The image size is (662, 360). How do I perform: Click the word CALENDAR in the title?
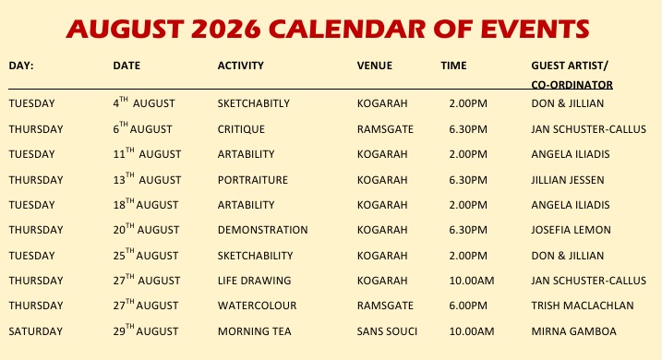coord(346,30)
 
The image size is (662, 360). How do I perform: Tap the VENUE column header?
coord(375,66)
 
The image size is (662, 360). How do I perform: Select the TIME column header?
coord(454,66)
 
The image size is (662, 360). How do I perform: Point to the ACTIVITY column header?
coord(241,66)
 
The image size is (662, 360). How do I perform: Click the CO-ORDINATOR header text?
coord(572,84)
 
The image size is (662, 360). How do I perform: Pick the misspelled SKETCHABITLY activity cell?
coord(253,103)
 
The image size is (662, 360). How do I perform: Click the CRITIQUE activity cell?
coord(241,129)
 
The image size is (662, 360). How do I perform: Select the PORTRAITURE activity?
coord(252,180)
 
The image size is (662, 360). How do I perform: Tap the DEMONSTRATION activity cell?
coord(262,230)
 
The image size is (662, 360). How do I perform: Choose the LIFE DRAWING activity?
coord(254,281)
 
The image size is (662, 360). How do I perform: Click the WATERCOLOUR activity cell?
coord(257,306)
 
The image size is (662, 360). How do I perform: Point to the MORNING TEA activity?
coord(254,331)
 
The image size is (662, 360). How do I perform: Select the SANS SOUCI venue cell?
coord(387,331)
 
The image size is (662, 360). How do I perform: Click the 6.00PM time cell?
coord(468,306)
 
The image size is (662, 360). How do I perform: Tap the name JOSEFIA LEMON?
coord(571,230)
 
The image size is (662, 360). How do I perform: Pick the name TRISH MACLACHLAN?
coord(583,306)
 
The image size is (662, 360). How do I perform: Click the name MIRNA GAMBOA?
coord(573,331)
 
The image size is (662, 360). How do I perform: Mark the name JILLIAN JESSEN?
coord(568,180)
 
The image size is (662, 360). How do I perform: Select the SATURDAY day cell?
coord(35,331)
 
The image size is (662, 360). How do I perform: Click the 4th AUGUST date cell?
coord(143,102)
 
